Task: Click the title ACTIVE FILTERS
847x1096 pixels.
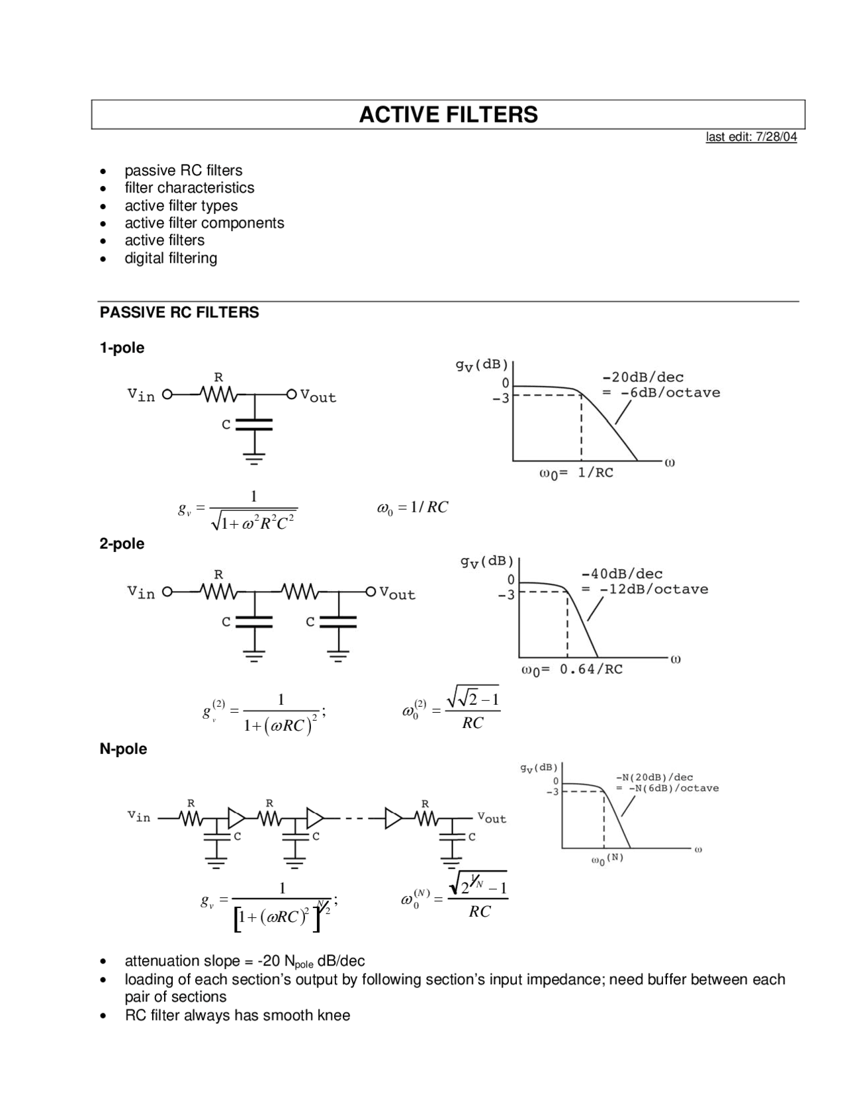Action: [448, 114]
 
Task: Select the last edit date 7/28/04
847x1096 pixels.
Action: [751, 137]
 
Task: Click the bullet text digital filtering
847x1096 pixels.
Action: [171, 258]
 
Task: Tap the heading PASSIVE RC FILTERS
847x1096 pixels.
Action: [179, 312]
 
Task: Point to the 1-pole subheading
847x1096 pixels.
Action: [122, 348]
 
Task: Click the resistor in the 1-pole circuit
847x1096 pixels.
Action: [218, 394]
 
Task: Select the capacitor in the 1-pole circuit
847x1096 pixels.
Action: [255, 424]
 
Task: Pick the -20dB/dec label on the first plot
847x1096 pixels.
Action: [643, 377]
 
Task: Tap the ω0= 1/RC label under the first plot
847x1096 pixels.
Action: [576, 473]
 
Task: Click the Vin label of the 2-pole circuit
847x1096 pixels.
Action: [141, 592]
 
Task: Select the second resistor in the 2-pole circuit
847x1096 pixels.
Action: [300, 591]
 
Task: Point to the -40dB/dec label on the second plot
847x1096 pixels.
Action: [621, 574]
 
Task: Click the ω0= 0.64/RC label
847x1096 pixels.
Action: [572, 670]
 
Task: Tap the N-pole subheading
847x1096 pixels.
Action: [123, 749]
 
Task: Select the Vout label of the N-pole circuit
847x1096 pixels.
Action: [492, 818]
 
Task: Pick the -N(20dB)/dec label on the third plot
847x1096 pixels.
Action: [654, 778]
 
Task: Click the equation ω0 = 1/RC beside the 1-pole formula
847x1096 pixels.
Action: [412, 508]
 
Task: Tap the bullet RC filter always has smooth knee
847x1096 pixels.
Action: [237, 1015]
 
